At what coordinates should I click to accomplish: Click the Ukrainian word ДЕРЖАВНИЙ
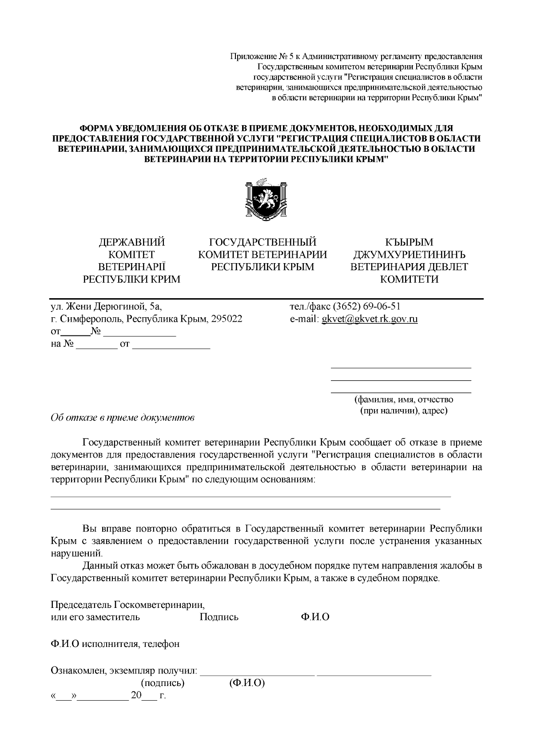pos(131,242)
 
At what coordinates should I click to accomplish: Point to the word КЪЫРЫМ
pos(409,242)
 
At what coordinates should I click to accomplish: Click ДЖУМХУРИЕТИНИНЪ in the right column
pos(409,254)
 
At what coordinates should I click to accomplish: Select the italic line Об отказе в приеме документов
pos(123,418)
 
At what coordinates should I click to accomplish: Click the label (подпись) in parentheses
pos(163,683)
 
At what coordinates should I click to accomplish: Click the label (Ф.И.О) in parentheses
pos(247,683)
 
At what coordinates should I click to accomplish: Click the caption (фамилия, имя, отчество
pos(403,399)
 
